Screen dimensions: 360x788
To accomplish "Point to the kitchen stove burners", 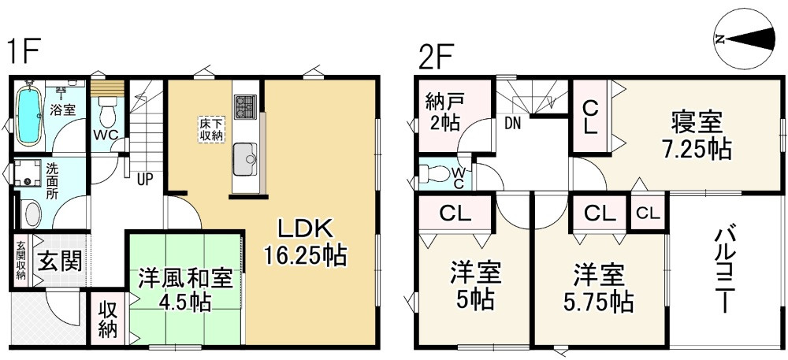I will tap(245, 105).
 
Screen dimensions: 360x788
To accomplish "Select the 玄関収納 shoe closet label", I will tap(20, 259).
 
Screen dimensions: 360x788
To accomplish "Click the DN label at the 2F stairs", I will tap(513, 123).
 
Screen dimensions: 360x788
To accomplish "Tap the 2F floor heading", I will tap(437, 57).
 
